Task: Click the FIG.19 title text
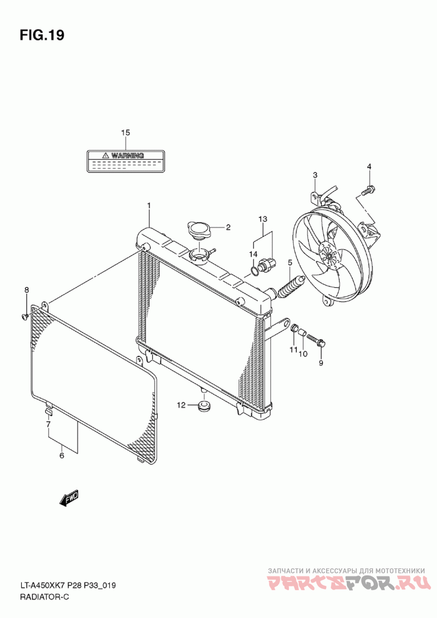pos(42,35)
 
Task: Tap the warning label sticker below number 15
pos(126,162)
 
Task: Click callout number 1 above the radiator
pos(147,205)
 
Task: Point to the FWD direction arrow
pos(69,498)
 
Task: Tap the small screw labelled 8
pos(25,315)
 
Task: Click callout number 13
pos(263,219)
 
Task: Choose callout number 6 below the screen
pos(61,455)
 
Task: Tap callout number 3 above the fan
pos(315,175)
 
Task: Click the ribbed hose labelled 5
pos(290,287)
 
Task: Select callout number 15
pos(126,133)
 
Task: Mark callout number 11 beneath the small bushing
pos(293,349)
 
